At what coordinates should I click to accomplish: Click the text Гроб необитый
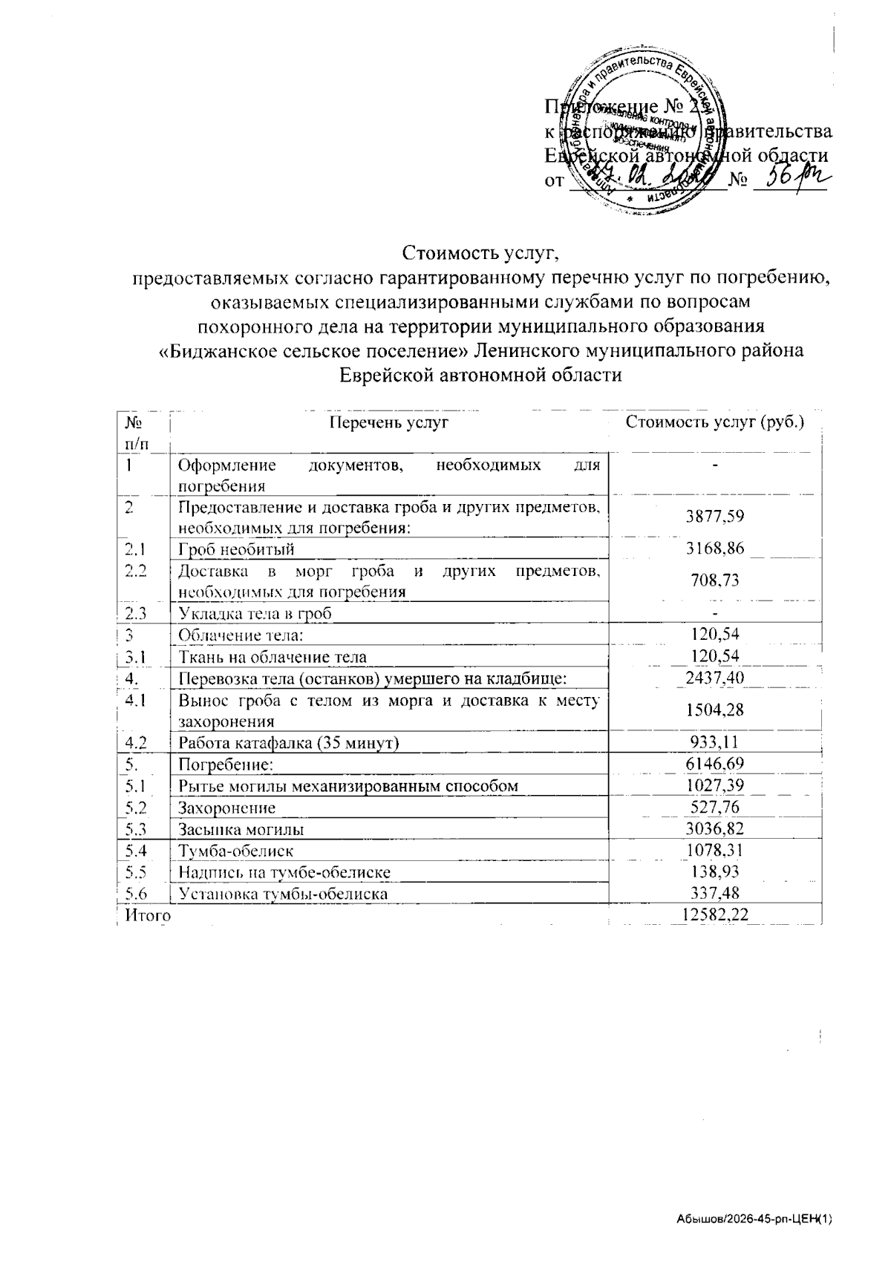tap(237, 549)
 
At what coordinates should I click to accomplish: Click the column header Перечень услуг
tap(389, 423)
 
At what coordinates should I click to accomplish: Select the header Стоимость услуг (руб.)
tap(715, 423)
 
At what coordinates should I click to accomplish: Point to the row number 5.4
tap(136, 851)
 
